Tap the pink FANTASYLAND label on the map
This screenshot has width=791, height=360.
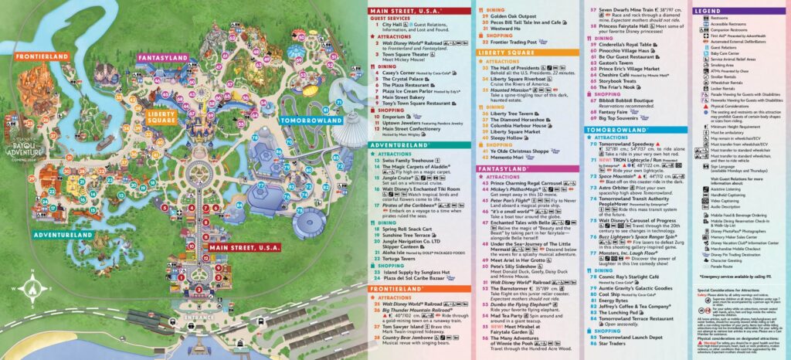coord(165,57)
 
